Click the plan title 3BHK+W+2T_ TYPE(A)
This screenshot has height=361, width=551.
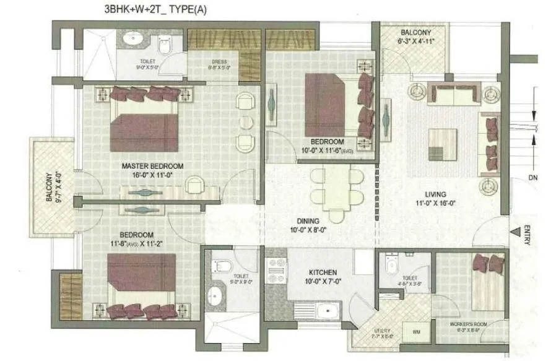coord(149,10)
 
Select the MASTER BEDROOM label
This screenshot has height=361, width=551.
coord(152,166)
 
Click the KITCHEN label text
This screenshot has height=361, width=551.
coord(323,272)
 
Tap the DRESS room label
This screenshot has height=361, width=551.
coord(219,62)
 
